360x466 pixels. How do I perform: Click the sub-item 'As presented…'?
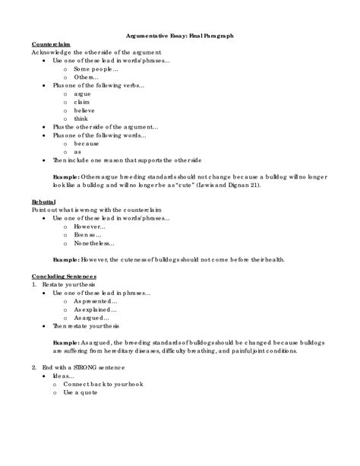tap(96, 300)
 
